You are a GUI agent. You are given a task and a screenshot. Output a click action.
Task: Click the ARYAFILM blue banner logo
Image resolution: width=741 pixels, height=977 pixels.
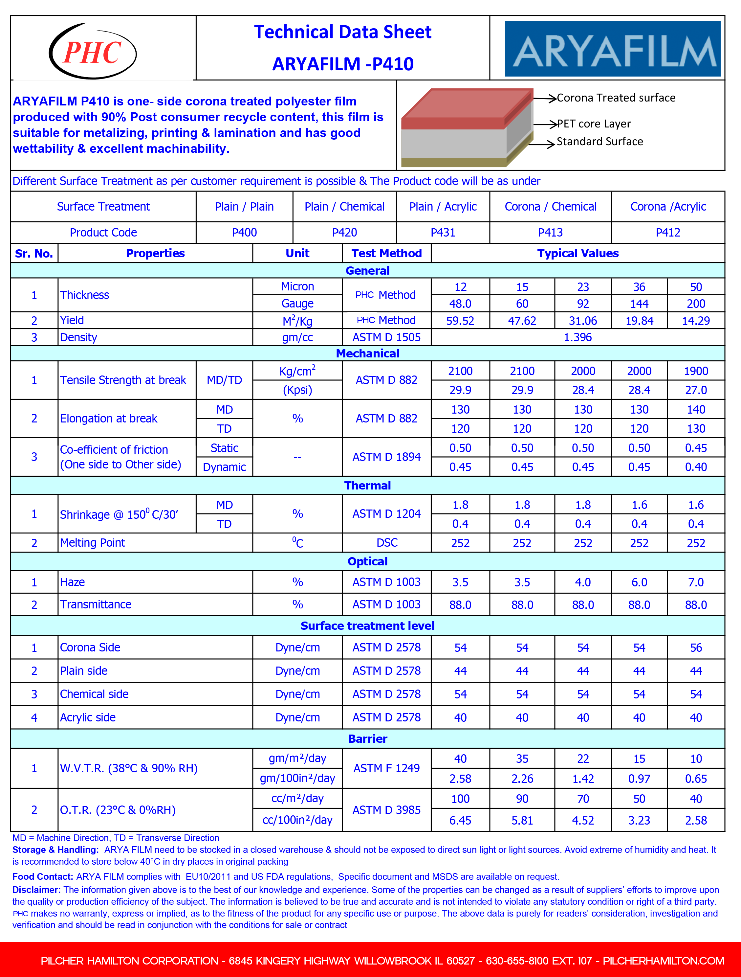(x=613, y=49)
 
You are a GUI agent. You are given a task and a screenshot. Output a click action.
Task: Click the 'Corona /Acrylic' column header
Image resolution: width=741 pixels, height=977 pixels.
(x=668, y=207)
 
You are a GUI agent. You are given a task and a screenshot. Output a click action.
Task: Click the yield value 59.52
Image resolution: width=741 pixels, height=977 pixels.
(x=460, y=321)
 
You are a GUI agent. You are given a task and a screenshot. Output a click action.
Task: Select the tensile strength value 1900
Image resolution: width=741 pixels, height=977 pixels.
(x=696, y=371)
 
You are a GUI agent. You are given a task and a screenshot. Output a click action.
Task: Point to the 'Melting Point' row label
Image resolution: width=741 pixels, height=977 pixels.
(x=92, y=543)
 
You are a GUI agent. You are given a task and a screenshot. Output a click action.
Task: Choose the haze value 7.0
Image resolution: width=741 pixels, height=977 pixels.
(x=696, y=582)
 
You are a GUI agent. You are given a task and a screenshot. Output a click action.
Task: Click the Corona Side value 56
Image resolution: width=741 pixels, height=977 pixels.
(x=696, y=648)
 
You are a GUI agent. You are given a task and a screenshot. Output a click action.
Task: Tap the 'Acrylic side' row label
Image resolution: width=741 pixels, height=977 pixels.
(x=88, y=717)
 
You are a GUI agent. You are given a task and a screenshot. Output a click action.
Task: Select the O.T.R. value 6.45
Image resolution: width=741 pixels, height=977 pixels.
(x=460, y=820)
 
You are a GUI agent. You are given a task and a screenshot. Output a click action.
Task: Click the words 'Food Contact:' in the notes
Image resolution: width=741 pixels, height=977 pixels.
(x=42, y=876)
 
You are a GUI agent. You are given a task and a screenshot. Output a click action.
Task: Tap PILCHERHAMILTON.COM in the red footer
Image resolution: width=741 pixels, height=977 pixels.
(x=663, y=961)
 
